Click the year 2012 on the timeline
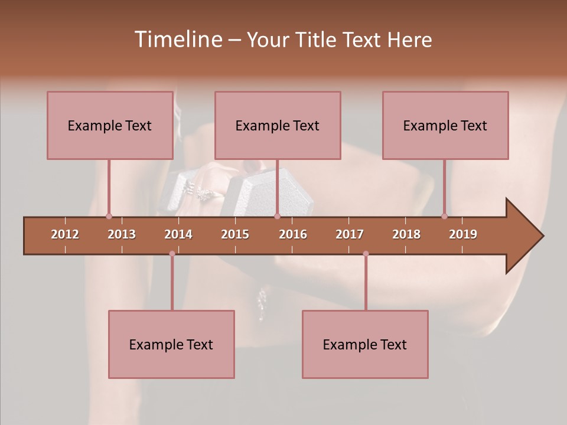tap(65, 234)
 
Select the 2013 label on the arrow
tap(122, 234)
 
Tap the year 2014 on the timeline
tap(178, 234)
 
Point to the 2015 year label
tap(235, 234)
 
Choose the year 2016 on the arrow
tap(293, 234)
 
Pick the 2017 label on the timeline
tap(350, 234)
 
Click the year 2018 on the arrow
tap(406, 234)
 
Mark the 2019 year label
tap(463, 234)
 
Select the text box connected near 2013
tap(110, 125)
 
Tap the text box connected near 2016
tap(278, 125)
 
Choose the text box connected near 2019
tap(445, 125)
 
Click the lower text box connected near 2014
tap(171, 344)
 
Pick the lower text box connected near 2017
tap(365, 344)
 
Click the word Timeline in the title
tap(177, 40)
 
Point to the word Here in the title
tap(409, 40)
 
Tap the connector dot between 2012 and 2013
tap(109, 216)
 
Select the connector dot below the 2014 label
tap(172, 254)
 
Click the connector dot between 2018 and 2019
tap(444, 216)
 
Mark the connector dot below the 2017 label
tap(366, 254)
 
